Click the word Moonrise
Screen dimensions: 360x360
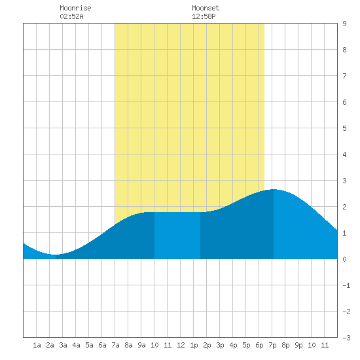click(x=75, y=8)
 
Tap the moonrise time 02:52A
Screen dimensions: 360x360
click(x=71, y=16)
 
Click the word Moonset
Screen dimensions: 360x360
click(x=206, y=8)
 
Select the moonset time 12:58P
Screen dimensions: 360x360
click(x=204, y=16)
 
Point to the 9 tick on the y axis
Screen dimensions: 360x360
click(x=344, y=24)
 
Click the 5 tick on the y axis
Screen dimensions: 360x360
click(x=344, y=128)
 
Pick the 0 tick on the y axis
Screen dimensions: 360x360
click(x=344, y=259)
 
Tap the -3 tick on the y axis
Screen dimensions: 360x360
click(x=346, y=338)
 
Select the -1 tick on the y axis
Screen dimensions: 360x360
click(x=346, y=285)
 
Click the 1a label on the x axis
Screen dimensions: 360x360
click(x=37, y=345)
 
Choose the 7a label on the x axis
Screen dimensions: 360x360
click(x=115, y=345)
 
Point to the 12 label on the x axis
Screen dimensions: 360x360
click(x=181, y=345)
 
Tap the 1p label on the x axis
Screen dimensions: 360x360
click(x=194, y=345)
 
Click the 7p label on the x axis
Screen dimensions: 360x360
click(x=272, y=345)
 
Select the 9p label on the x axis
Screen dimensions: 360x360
click(x=298, y=345)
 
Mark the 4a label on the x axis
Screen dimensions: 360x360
click(x=76, y=345)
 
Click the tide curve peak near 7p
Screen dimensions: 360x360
click(x=273, y=189)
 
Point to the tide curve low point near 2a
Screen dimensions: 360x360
click(x=53, y=255)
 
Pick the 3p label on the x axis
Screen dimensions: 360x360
click(x=220, y=345)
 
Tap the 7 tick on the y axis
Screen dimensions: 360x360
click(x=344, y=76)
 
